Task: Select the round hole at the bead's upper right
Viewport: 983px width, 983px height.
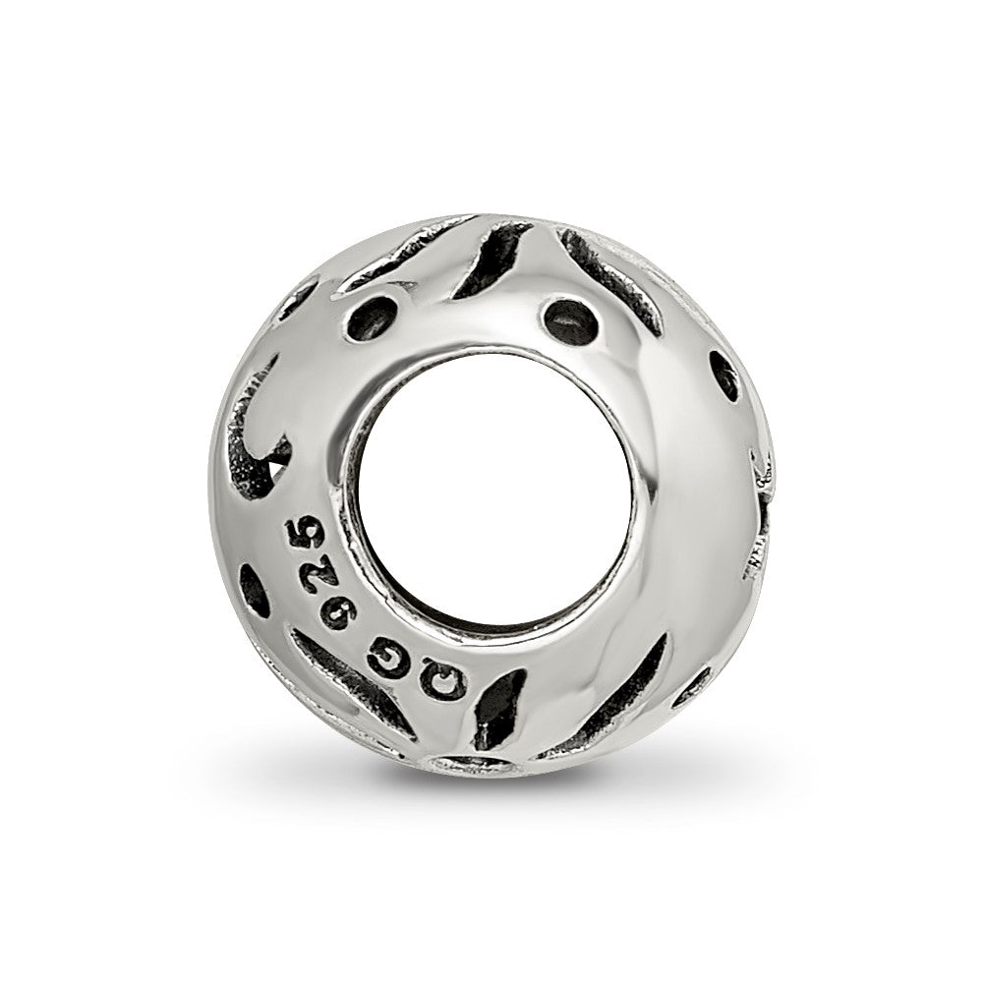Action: (x=571, y=321)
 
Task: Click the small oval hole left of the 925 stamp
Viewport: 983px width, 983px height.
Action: (x=254, y=590)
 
